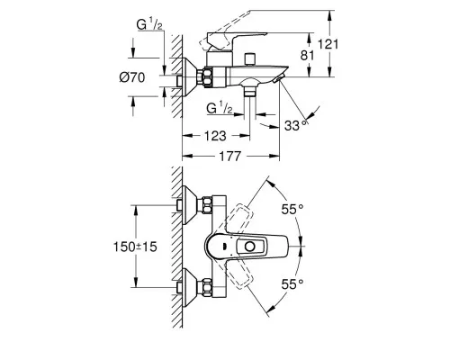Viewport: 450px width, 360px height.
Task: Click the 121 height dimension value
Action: coord(328,44)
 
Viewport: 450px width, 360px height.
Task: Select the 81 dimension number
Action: coord(307,56)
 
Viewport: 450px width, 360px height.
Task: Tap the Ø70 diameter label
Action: coord(132,77)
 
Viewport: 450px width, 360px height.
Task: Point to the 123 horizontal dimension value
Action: coord(215,136)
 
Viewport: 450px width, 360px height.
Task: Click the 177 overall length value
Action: coord(230,156)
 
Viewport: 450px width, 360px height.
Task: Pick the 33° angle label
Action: coord(296,125)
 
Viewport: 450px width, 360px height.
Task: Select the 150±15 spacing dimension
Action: coord(135,247)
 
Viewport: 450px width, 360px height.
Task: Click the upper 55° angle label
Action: coord(292,209)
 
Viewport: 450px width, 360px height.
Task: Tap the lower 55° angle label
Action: coord(292,283)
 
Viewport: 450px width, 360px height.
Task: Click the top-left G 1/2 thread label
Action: coord(149,24)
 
